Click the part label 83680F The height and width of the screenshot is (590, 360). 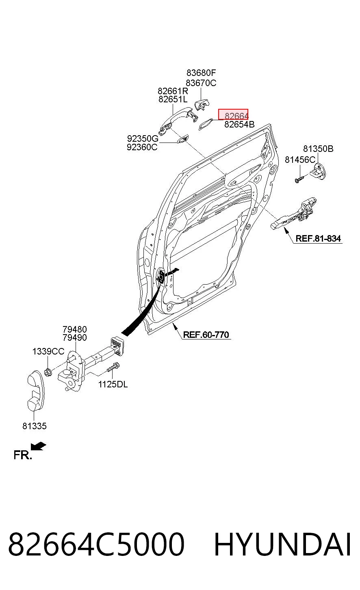(201, 73)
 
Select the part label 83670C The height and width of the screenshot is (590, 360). (201, 83)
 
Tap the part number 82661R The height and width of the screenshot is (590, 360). (173, 91)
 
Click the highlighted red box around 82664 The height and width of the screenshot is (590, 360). (233, 115)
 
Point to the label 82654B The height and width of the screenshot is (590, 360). (239, 124)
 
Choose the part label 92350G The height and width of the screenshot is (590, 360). (143, 138)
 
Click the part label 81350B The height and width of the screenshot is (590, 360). (318, 149)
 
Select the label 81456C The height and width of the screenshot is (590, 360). (300, 160)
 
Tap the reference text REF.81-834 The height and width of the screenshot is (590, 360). (318, 239)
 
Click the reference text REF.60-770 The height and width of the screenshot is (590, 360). (206, 335)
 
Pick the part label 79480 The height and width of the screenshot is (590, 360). (75, 329)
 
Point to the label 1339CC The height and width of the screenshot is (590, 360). (48, 351)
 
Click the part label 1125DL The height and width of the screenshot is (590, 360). (113, 385)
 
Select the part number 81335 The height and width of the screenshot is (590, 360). (34, 426)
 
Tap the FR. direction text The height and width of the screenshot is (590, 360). (23, 455)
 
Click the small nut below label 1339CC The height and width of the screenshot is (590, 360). (48, 372)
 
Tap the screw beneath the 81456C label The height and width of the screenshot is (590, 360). (299, 179)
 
